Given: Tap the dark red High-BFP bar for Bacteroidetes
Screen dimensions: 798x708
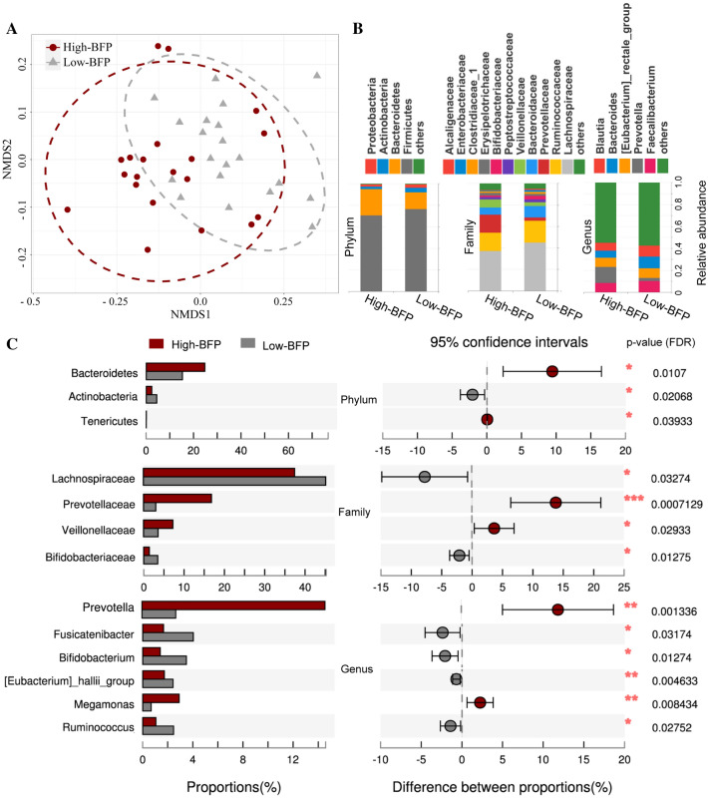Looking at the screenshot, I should pyautogui.click(x=176, y=367).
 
